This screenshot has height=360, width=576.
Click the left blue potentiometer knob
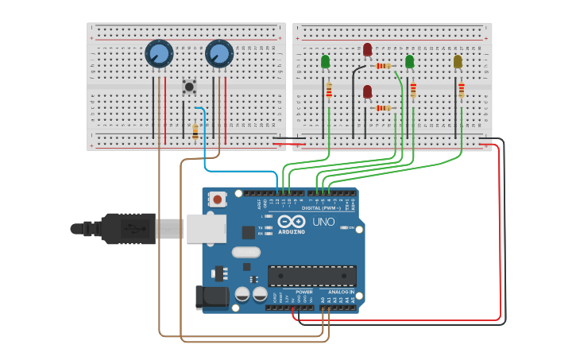[159, 54]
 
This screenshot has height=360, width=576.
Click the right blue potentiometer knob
[218, 54]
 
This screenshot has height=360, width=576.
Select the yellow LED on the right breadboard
[458, 61]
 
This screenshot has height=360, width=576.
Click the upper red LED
[367, 50]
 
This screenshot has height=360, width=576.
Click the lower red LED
[367, 92]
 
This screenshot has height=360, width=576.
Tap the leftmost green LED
[325, 61]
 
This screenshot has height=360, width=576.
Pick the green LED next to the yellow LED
[409, 61]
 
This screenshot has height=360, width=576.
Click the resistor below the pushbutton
[195, 132]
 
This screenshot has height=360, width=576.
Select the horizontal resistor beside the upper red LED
[384, 66]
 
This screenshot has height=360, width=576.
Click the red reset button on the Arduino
[217, 199]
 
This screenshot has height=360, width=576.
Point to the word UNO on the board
[323, 222]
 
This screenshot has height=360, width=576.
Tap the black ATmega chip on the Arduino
[311, 276]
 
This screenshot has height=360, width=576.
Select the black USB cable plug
[127, 228]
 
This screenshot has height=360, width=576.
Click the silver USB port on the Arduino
[205, 228]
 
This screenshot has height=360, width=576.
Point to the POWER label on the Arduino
[303, 292]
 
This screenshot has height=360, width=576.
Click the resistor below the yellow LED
[461, 91]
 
